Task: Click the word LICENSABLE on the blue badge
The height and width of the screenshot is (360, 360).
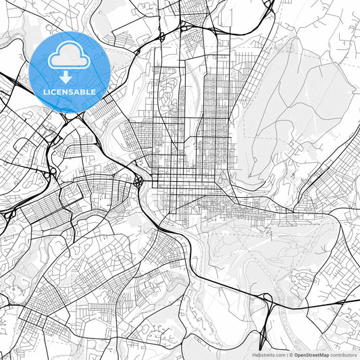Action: pos(70,91)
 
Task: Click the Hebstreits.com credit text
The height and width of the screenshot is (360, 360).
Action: pos(268,355)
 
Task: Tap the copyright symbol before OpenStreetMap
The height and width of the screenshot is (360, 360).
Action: pos(291,355)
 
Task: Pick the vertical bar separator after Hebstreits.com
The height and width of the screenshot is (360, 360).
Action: pos(286,355)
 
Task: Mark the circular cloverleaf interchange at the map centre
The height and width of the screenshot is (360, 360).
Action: pos(138,181)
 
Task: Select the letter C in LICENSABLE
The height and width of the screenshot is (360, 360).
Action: pos(53,91)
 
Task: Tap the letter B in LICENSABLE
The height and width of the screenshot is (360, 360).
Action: pos(84,91)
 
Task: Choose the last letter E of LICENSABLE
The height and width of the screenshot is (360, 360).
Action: pos(95,91)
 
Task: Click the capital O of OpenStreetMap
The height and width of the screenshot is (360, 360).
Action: pos(296,355)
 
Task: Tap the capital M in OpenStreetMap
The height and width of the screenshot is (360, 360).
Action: pos(322,355)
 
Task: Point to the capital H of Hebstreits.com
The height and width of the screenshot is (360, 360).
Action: pos(254,355)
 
